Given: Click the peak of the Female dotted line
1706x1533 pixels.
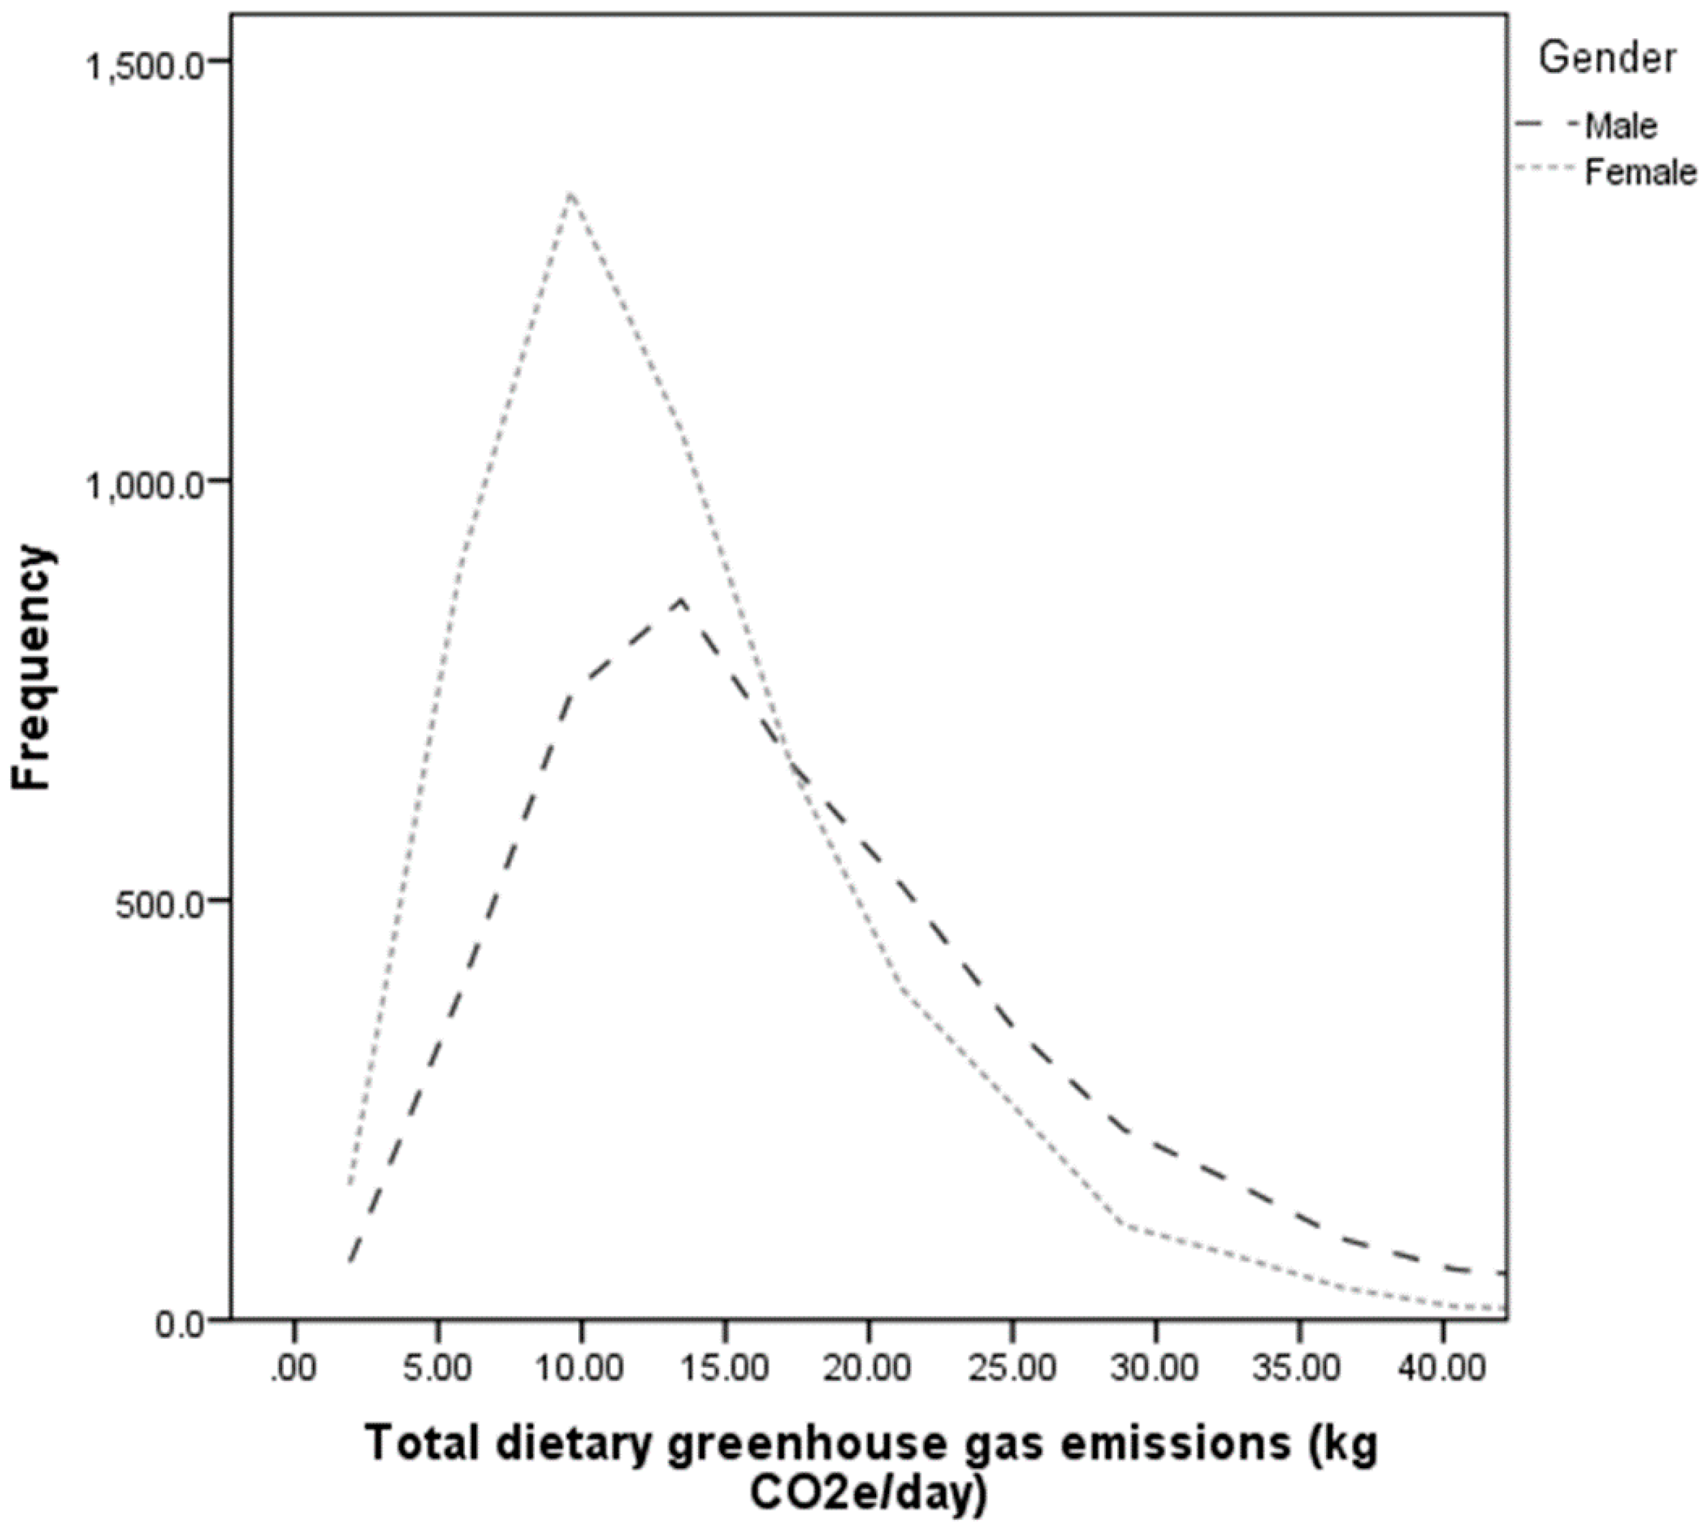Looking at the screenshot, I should [572, 193].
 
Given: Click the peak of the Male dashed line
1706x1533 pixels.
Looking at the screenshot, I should [681, 600].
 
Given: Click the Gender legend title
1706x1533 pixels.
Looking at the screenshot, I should [1606, 58].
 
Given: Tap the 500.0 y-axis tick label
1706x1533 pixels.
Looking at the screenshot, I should [160, 905].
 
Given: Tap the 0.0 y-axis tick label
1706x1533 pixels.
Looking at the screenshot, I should [180, 1324].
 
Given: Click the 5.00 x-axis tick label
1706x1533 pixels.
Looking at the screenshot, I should [436, 1368].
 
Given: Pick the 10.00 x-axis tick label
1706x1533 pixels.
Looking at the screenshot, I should [580, 1368].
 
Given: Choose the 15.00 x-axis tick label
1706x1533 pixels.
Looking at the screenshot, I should [724, 1368].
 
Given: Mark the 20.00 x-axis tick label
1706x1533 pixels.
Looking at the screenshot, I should [867, 1368].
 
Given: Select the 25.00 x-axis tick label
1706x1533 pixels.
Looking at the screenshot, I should [1012, 1368].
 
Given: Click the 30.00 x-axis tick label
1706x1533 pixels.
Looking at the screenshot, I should [1154, 1368].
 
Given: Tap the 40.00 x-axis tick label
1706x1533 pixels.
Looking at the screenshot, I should [1441, 1368].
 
